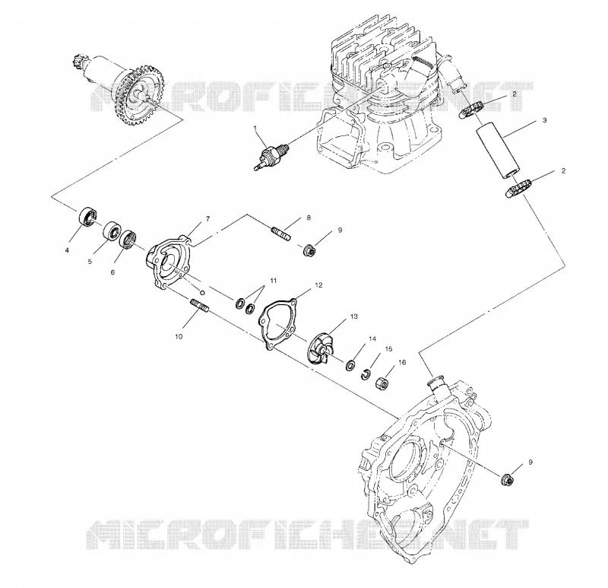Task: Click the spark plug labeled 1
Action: click(271, 156)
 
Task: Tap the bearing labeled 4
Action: click(87, 217)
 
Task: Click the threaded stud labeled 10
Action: click(200, 305)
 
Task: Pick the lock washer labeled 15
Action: click(366, 374)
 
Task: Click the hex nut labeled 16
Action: click(382, 383)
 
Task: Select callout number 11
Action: click(274, 281)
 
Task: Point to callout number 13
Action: click(353, 316)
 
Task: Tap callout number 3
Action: click(544, 120)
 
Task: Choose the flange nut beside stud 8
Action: click(309, 250)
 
